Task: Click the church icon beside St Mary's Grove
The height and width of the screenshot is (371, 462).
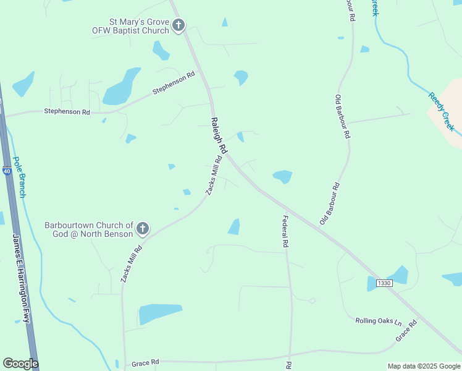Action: [178, 25]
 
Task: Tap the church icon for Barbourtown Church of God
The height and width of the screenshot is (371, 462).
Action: [143, 229]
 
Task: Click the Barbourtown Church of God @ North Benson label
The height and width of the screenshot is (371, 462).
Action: [89, 229]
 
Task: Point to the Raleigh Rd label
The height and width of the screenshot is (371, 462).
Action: [219, 135]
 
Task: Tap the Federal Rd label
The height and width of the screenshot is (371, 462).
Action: [286, 231]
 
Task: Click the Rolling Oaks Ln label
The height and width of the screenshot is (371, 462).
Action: [378, 321]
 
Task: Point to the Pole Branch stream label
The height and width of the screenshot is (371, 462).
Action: [20, 177]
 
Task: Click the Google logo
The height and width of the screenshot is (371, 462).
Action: [20, 364]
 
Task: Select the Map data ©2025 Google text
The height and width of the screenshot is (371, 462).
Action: [424, 366]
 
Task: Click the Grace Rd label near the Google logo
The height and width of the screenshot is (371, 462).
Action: [145, 362]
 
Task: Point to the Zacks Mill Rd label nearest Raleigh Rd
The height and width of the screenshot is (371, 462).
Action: [214, 176]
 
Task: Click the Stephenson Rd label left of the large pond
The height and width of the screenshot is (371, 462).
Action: [67, 112]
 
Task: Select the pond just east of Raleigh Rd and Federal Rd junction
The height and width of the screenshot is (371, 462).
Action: [282, 177]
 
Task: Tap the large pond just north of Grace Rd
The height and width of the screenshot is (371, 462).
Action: [160, 313]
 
